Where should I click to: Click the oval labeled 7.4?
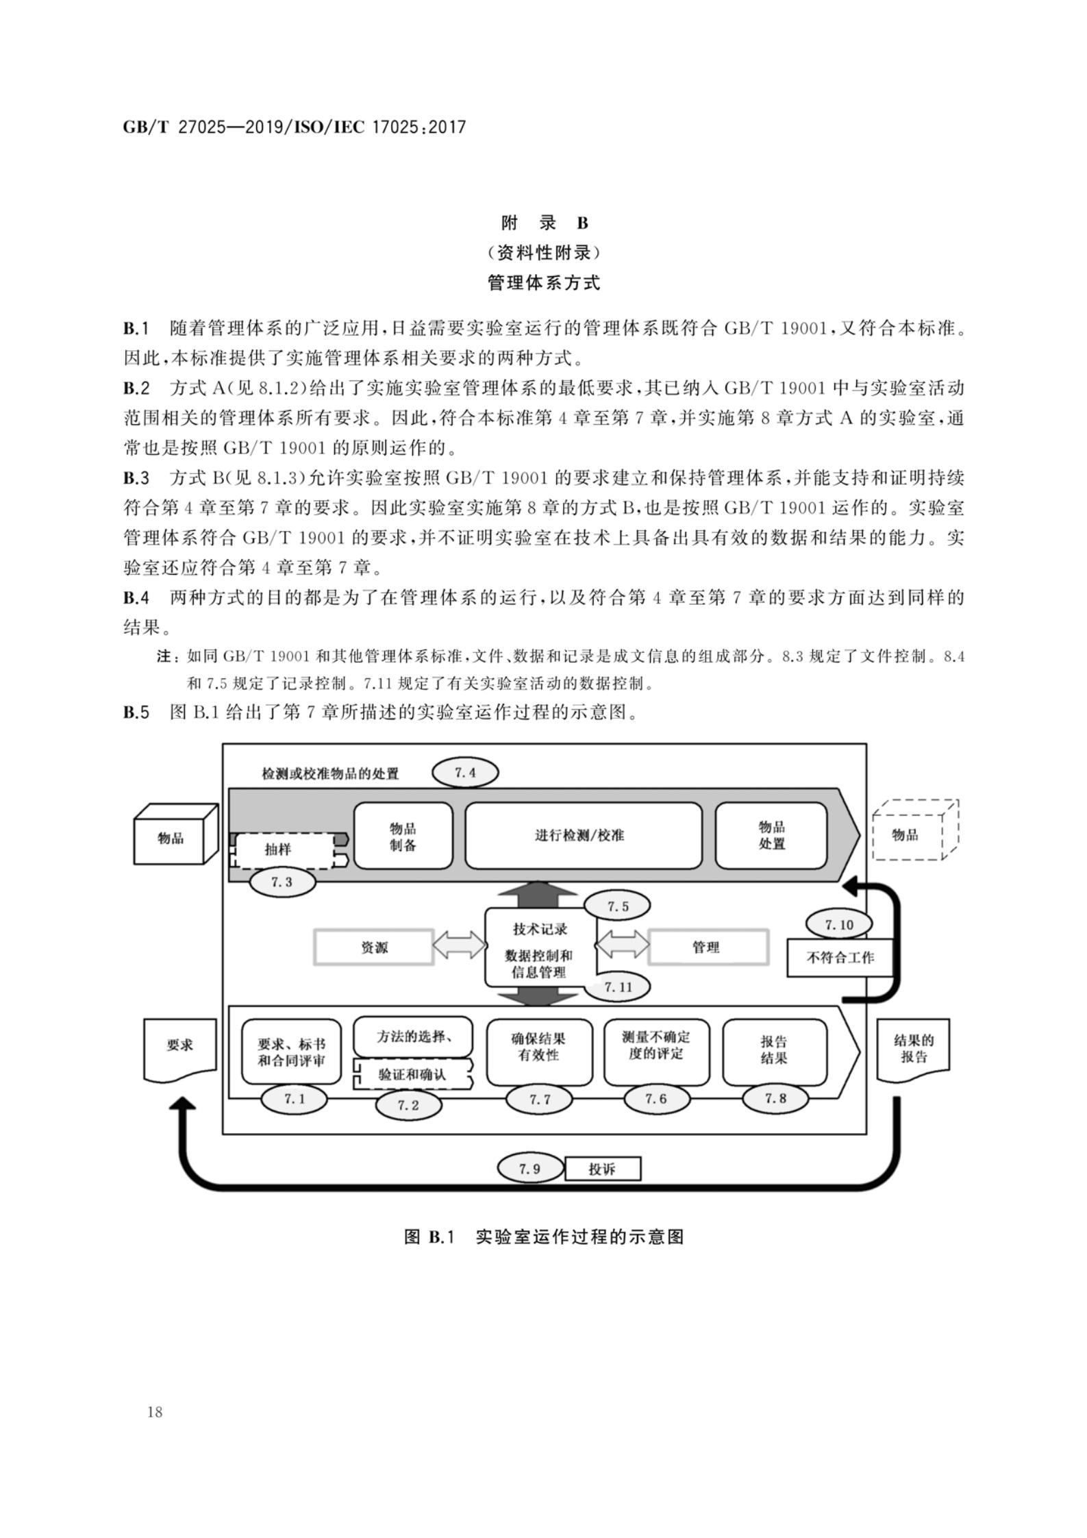coord(465,773)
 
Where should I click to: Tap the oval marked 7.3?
coord(282,882)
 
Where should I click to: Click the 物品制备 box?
coord(403,836)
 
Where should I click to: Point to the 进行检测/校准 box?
coord(583,836)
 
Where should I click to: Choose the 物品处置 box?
coord(771,836)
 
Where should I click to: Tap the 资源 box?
coord(374,947)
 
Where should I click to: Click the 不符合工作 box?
coord(840,957)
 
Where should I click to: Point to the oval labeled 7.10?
coord(839,925)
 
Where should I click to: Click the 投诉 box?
coord(603,1169)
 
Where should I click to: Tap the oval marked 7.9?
coord(530,1169)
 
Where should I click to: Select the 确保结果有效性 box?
coord(539,1047)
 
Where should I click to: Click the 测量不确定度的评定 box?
coord(656,1045)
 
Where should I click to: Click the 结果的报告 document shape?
coord(913,1048)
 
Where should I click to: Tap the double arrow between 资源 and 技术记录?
coord(460,946)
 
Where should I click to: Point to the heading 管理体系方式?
coord(544,283)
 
